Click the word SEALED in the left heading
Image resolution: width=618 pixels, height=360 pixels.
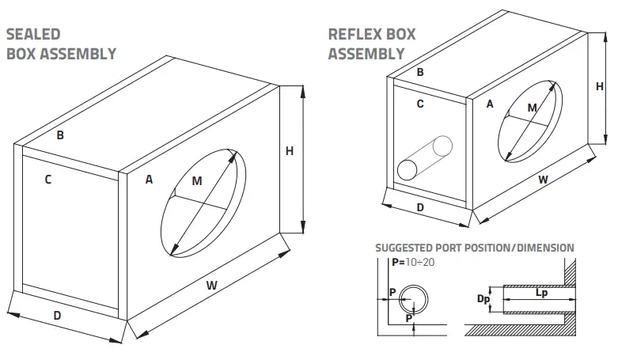point(33,35)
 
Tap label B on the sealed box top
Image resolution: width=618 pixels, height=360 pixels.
point(60,135)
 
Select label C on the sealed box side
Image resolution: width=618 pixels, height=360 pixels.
point(48,180)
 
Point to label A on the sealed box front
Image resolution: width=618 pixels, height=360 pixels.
point(149,180)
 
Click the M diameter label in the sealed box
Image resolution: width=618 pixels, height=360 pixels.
point(197,181)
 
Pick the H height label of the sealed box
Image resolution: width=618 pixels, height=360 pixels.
point(290,151)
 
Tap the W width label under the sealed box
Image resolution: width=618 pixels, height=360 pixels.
point(212,282)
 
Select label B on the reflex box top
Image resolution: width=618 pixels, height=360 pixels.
point(420,72)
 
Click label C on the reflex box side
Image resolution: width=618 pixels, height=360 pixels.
point(420,104)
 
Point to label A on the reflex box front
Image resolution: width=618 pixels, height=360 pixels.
point(490,104)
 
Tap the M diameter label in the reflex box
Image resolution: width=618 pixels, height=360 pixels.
point(533,108)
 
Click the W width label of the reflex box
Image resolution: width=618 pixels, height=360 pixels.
point(544,180)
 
